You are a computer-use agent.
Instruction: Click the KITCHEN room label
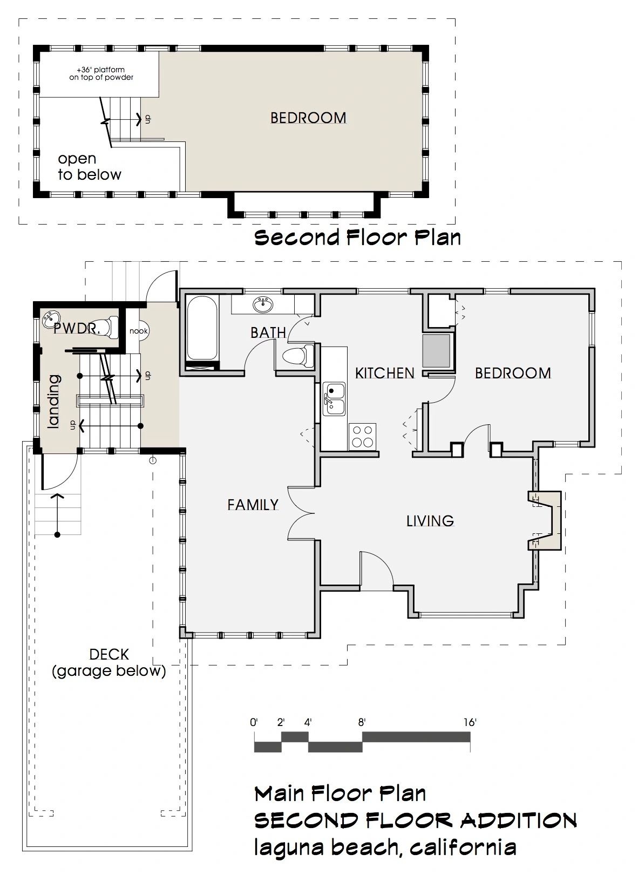click(x=384, y=373)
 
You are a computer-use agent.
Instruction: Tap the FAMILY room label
click(x=253, y=505)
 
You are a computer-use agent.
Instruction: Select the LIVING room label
click(x=430, y=521)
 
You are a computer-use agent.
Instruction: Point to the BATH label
click(x=268, y=333)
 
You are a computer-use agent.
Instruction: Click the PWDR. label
click(x=77, y=329)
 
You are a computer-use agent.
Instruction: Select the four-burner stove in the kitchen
click(x=362, y=437)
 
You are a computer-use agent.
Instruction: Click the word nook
click(x=139, y=331)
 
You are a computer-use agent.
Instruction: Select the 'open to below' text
click(x=90, y=167)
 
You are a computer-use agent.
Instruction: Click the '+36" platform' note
click(x=101, y=70)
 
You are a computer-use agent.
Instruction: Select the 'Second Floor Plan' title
click(x=357, y=238)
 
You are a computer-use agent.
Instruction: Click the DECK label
click(x=109, y=654)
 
